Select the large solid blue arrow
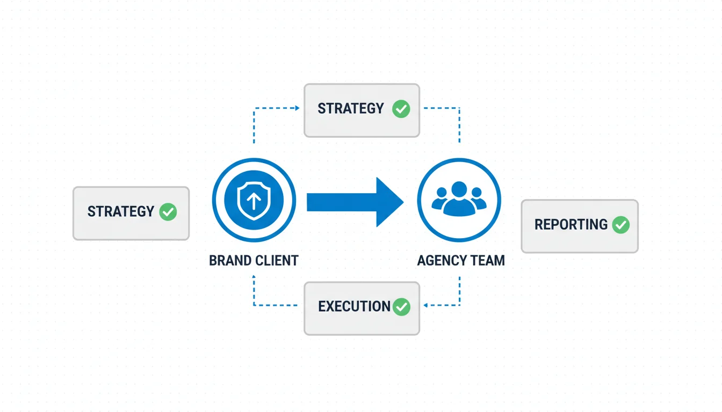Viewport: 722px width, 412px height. tap(355, 202)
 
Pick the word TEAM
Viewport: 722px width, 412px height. tap(488, 261)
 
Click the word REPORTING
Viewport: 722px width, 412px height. tap(571, 224)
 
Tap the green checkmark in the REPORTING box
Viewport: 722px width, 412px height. tap(620, 224)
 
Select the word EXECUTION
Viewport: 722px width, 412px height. tap(354, 306)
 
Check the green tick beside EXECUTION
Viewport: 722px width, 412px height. tap(401, 307)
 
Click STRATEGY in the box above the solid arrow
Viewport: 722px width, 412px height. tap(351, 108)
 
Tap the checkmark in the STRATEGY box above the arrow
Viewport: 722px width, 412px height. tap(401, 109)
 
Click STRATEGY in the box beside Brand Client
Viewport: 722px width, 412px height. tap(121, 211)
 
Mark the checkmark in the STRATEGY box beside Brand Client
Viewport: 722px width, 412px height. tap(168, 211)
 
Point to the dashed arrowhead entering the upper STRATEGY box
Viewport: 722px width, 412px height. tap(297, 108)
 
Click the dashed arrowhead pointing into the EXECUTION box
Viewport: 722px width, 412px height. tap(425, 305)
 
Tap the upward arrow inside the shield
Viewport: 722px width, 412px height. tap(254, 201)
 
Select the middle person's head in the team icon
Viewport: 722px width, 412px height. tap(459, 189)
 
